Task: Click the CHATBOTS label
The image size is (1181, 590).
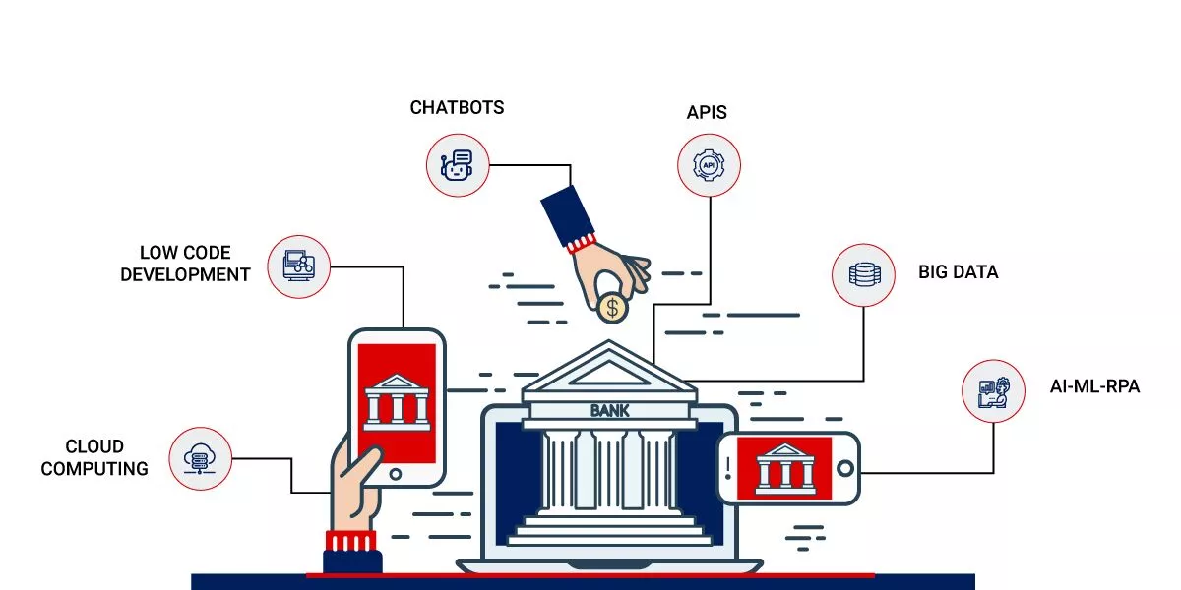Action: coord(457,107)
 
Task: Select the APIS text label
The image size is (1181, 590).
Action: coord(707,112)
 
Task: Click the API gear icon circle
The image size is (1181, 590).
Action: coord(709,165)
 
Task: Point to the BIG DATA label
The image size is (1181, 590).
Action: coord(958,272)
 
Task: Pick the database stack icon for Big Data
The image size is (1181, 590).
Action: coord(863,274)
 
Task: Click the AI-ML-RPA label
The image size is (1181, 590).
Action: coord(1094,386)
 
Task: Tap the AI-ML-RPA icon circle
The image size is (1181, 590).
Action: coord(993,390)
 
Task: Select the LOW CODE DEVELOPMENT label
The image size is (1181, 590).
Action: coord(185,264)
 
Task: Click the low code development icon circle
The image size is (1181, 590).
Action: coord(298,265)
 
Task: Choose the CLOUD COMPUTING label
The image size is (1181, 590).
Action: coord(94,458)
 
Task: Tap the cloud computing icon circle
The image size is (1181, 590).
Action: coord(200,458)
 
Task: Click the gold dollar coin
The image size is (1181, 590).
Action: coord(612,308)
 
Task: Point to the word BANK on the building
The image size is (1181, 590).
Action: coord(609,410)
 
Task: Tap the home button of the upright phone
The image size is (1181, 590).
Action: coord(395,474)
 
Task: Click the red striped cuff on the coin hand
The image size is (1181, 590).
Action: coord(582,241)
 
